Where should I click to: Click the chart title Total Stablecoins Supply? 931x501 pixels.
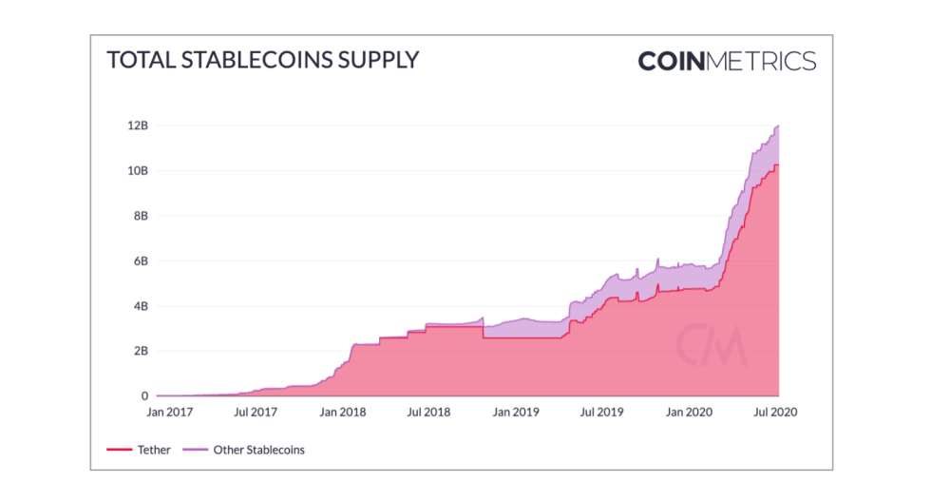tap(262, 60)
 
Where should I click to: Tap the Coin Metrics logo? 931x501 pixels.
tap(727, 62)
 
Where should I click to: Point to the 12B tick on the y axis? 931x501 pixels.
tap(138, 125)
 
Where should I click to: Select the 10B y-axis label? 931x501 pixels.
tap(138, 171)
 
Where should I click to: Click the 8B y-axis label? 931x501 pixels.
tap(141, 216)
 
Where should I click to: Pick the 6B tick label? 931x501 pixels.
tap(141, 261)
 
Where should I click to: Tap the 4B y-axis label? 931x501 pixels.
tap(141, 306)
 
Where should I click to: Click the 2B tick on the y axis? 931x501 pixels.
tap(141, 351)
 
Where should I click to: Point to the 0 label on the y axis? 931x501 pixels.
tap(144, 396)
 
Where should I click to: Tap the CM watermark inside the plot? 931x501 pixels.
tap(711, 346)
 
